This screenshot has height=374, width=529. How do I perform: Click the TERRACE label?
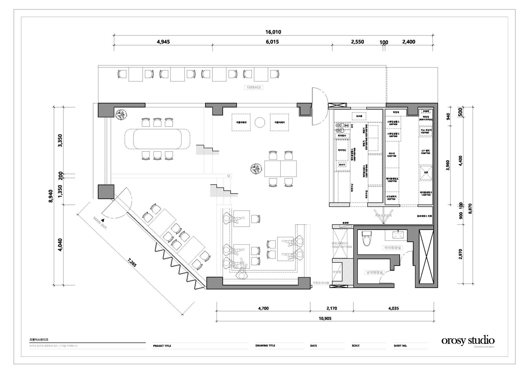[x=253, y=87]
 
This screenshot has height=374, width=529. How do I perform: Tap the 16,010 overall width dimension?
[x=273, y=32]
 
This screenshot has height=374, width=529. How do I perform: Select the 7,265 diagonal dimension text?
[x=132, y=263]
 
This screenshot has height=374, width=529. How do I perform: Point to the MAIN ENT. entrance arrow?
[x=103, y=220]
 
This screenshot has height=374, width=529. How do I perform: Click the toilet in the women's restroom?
[x=367, y=238]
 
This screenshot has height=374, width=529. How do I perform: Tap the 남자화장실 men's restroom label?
[x=374, y=272]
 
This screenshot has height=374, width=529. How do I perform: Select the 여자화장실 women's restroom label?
[x=393, y=248]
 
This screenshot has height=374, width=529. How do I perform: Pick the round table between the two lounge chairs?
[x=260, y=122]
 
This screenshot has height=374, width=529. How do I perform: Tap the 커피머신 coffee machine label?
[x=342, y=150]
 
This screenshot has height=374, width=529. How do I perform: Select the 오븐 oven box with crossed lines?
[x=426, y=172]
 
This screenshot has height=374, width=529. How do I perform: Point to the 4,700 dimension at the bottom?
[x=263, y=308]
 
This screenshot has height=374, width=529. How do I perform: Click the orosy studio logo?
[x=468, y=340]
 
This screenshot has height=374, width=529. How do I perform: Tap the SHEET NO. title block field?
[x=400, y=346]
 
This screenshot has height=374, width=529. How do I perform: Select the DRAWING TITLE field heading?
[x=265, y=345]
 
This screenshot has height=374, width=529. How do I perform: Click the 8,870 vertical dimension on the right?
[x=470, y=208]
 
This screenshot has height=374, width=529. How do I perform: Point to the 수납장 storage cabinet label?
[x=337, y=272]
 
